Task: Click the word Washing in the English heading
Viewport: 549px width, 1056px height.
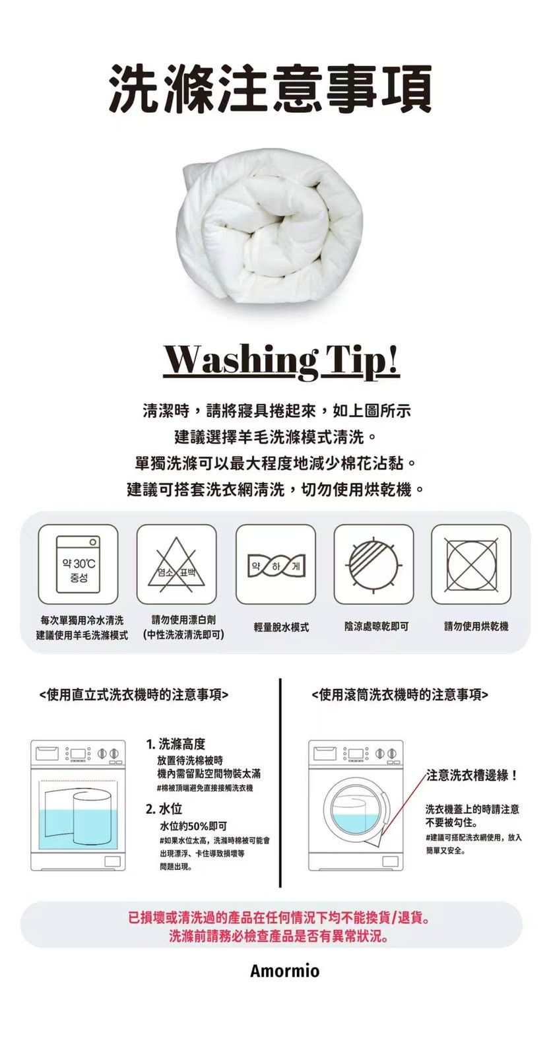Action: (240, 361)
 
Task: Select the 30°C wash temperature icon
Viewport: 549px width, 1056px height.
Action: (79, 564)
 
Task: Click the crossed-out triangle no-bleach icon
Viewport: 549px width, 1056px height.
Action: (177, 564)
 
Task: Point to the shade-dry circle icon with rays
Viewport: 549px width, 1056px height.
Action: (373, 564)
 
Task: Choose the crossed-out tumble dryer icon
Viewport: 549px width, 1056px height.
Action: (471, 564)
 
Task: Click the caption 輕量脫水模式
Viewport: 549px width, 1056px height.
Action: (281, 627)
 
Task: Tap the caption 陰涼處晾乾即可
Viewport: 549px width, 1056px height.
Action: (376, 626)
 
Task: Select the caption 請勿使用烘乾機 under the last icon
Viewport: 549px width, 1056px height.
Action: (476, 626)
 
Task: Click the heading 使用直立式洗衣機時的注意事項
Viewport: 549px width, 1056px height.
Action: (135, 694)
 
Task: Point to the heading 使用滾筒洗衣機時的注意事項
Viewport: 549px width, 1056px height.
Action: (400, 694)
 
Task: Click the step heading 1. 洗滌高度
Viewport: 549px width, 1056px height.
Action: (176, 744)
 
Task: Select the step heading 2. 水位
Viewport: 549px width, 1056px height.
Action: (164, 809)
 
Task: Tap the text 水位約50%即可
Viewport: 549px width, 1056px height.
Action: (193, 826)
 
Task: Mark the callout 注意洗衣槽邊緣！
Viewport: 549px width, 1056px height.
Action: (472, 775)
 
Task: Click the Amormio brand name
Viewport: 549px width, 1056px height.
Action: (284, 971)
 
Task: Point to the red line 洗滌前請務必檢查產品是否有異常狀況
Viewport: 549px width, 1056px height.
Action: (279, 936)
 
